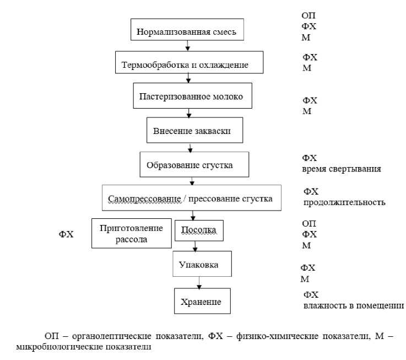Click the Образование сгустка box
(x=191, y=164)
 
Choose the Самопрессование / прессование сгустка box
(x=191, y=197)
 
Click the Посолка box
(x=199, y=229)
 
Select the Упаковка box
(x=199, y=265)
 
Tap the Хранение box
(x=201, y=301)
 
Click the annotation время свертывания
(x=342, y=169)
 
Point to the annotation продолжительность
(x=344, y=202)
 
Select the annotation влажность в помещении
(x=353, y=305)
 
